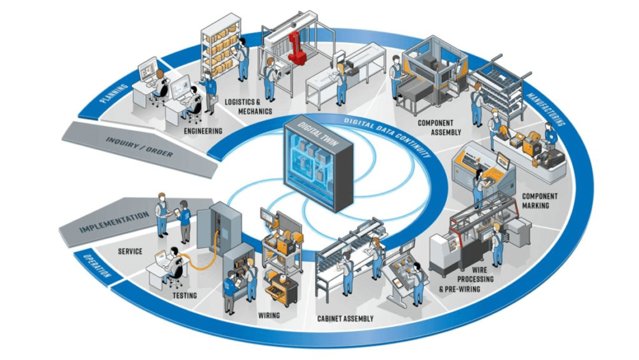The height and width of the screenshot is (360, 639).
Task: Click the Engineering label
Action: click(203, 131)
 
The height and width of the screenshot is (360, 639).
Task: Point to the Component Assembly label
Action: click(439, 127)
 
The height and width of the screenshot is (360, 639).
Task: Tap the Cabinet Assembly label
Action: click(345, 319)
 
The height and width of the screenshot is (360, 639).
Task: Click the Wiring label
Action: click(269, 316)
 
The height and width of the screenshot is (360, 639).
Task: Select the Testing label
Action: click(185, 295)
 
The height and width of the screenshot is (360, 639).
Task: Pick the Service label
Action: click(130, 251)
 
